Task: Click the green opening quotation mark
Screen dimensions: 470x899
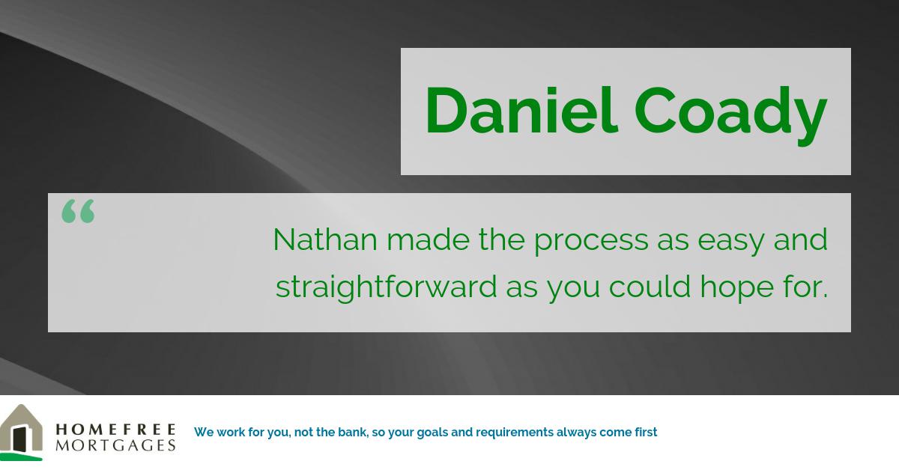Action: [x=78, y=211]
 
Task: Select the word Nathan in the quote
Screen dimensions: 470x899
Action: [x=324, y=239]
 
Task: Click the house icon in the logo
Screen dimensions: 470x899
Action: [x=22, y=432]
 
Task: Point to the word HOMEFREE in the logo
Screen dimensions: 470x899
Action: [x=115, y=429]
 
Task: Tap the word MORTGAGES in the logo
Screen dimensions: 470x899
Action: [x=115, y=445]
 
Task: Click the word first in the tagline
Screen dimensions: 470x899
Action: [x=644, y=432]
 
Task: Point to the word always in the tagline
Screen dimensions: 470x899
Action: [x=576, y=433]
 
